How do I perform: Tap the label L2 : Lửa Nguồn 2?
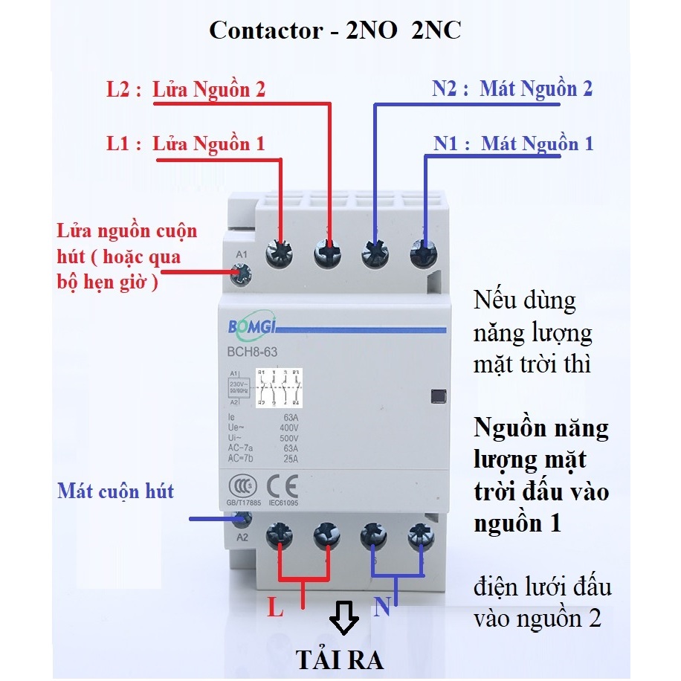click(x=186, y=90)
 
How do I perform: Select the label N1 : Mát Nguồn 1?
click(x=514, y=143)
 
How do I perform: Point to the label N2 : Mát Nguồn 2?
click(x=512, y=89)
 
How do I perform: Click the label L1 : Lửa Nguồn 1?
click(x=186, y=143)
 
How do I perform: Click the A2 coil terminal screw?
click(x=240, y=518)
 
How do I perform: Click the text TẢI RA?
click(x=339, y=659)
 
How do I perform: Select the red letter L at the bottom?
click(x=276, y=610)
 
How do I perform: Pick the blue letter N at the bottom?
click(x=382, y=609)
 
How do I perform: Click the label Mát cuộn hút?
click(x=116, y=491)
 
